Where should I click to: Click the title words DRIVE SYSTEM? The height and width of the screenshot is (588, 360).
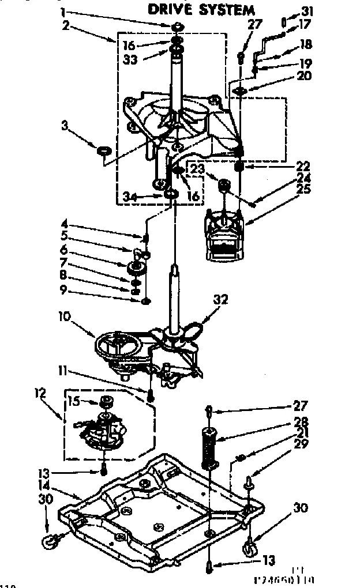(201, 10)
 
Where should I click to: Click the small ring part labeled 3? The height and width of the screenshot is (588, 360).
(103, 151)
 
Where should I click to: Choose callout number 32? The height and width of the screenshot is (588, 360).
(221, 299)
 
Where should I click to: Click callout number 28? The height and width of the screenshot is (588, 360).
(301, 422)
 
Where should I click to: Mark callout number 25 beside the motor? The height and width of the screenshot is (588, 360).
(303, 189)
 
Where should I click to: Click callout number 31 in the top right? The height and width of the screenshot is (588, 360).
(307, 10)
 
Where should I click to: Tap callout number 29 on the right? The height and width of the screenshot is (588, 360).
(301, 443)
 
